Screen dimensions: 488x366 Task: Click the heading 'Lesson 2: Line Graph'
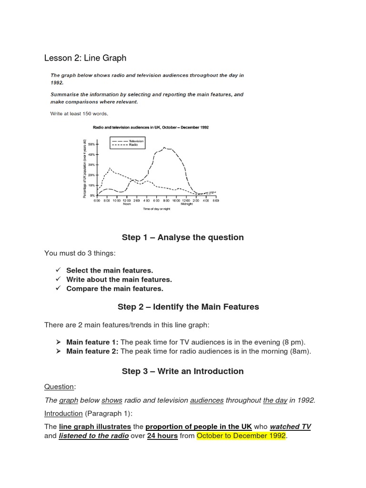pos(85,58)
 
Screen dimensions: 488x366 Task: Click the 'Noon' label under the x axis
pos(126,203)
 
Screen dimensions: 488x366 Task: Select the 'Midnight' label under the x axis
pos(186,203)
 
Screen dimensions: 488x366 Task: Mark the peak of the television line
pos(164,148)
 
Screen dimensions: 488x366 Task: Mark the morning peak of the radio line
pos(110,168)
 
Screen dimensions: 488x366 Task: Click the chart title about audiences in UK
pos(150,127)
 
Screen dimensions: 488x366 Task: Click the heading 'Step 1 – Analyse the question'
pos(183,237)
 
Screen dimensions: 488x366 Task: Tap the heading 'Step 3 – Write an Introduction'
pos(183,371)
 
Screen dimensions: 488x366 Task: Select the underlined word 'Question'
pos(59,386)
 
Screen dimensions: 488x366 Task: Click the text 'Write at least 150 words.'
pos(80,113)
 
